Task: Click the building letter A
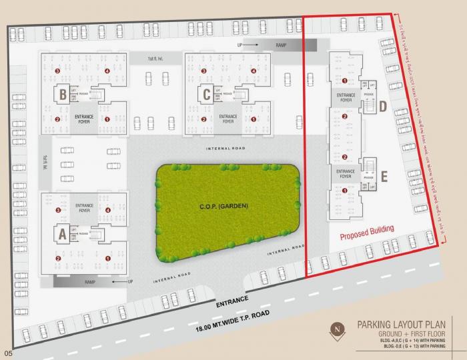(62, 233)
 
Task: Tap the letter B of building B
(62, 95)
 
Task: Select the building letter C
(207, 95)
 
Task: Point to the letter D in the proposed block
(383, 107)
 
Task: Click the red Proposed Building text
(366, 233)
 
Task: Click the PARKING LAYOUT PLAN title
(400, 325)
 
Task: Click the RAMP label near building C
(281, 45)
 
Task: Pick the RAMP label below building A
(91, 282)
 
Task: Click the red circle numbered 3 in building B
(57, 71)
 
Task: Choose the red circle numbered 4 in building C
(254, 71)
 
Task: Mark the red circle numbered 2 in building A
(57, 258)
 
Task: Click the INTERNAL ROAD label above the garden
(226, 147)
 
